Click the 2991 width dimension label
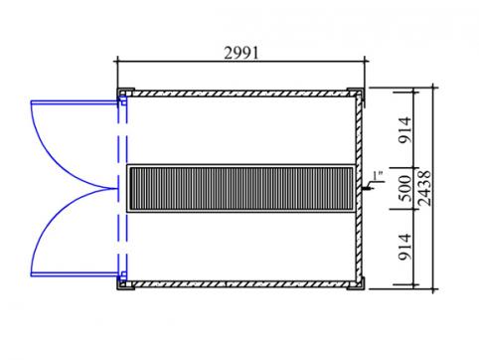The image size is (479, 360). coord(240,53)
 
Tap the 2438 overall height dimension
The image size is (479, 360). coord(424,188)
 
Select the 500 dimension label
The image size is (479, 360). coord(404,188)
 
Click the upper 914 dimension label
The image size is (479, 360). coord(404,130)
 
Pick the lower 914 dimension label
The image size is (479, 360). coord(404,247)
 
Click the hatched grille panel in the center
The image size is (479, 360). coord(241,188)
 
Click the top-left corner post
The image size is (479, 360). coord(125,92)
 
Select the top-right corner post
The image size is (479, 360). coord(357,92)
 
